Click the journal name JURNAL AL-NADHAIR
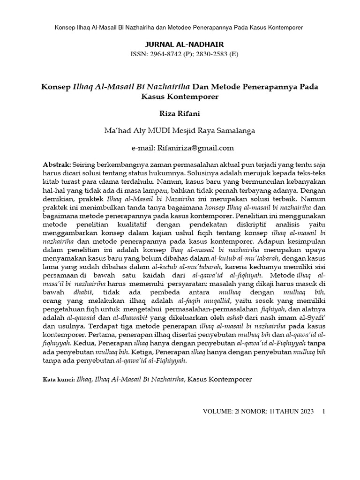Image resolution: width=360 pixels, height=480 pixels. coord(180,45)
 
